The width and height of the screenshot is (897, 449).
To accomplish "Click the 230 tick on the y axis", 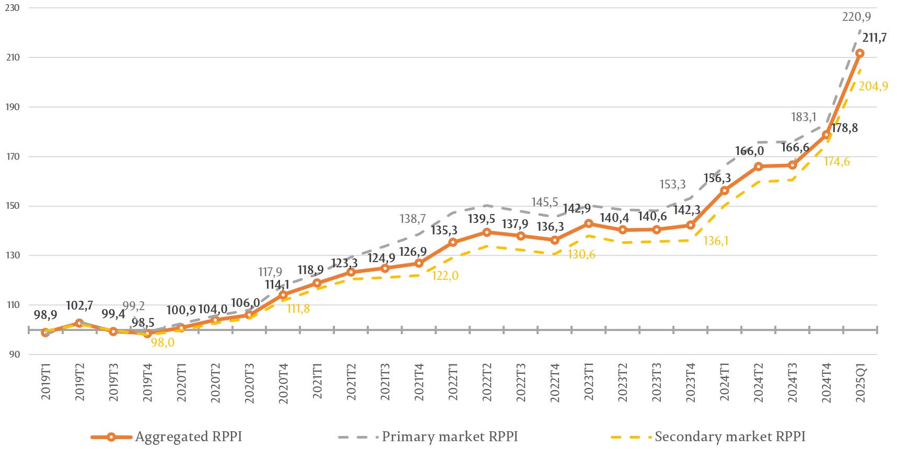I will [x=13, y=8].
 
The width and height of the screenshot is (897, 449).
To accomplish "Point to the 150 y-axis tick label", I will [x=13, y=206].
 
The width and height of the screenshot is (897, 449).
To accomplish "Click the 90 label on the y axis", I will [x=15, y=354].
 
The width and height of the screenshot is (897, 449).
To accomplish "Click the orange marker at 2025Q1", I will [x=860, y=53].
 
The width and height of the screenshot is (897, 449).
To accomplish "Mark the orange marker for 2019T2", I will [x=79, y=323].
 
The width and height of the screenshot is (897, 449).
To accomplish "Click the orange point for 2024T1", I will [x=725, y=191].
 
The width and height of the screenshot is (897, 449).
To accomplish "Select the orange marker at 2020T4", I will [x=283, y=295].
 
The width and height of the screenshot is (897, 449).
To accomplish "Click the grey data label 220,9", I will [x=856, y=17].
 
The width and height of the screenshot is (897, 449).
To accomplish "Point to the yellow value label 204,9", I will [x=873, y=86].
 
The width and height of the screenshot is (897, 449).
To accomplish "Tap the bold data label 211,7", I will [x=874, y=38].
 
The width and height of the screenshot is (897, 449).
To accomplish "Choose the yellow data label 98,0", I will [x=162, y=343].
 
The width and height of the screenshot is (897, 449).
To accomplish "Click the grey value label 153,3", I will [x=672, y=184].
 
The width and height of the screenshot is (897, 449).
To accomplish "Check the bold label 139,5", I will [x=481, y=219].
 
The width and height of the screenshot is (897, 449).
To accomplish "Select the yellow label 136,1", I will [x=716, y=241].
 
